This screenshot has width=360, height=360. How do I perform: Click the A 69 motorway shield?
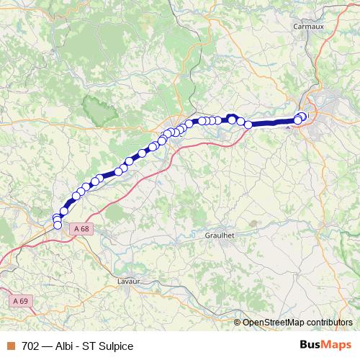(x=20, y=300)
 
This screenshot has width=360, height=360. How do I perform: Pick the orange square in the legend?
(x=11, y=345)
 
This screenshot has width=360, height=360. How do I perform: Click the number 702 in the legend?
(x=31, y=345)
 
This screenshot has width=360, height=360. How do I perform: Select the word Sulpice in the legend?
(x=117, y=345)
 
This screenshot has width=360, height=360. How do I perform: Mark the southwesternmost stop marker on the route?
(x=58, y=225)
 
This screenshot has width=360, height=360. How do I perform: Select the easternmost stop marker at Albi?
(x=302, y=116)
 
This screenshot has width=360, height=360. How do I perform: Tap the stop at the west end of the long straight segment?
(x=248, y=125)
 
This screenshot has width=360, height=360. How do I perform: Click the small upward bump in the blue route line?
(x=231, y=117)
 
